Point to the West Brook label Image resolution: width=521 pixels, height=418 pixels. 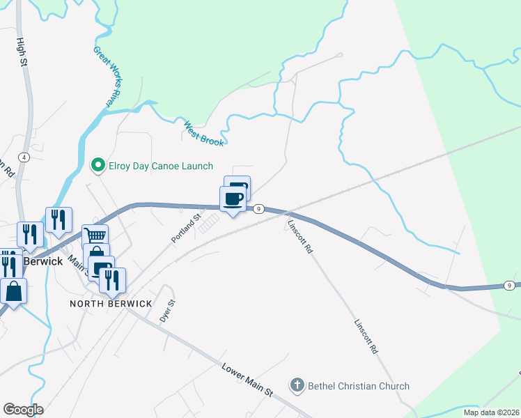tap(203, 134)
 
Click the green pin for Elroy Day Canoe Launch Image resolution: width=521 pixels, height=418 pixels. tap(98, 166)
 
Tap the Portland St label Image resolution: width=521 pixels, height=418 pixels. tap(186, 229)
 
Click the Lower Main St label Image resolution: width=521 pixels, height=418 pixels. tap(247, 380)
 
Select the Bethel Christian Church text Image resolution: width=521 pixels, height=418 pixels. tap(359, 386)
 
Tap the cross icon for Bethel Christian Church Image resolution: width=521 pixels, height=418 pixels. tap(297, 385)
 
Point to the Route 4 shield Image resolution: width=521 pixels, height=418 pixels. tap(24, 157)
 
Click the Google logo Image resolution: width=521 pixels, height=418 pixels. tap(23, 410)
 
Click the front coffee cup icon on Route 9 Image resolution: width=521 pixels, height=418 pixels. tap(233, 199)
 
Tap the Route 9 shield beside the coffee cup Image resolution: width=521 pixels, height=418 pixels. tap(258, 208)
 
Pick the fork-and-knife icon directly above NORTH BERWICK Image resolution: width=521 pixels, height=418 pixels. tap(112, 279)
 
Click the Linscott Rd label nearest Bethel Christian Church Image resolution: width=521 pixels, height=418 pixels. tap(365, 337)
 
